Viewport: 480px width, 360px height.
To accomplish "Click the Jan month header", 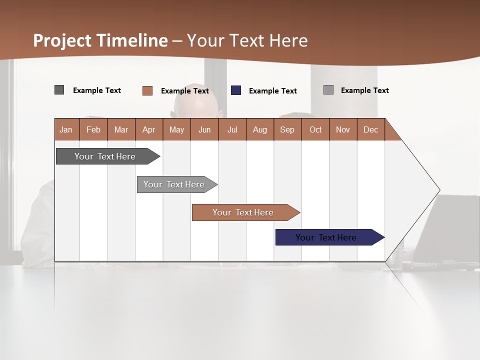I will click(66, 129).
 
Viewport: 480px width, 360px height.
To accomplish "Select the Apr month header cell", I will click(149, 129).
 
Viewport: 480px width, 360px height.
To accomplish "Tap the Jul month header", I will click(232, 129).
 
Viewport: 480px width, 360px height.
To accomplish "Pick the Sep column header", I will click(287, 129).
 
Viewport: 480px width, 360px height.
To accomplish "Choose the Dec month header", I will click(370, 129).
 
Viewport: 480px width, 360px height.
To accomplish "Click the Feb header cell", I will click(93, 129).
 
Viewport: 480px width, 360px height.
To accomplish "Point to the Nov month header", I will click(343, 129).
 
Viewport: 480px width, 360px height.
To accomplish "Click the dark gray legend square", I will click(59, 90).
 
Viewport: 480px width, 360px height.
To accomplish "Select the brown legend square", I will click(147, 90).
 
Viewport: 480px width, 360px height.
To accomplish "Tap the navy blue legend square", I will click(236, 90).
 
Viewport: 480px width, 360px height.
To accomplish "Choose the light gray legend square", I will click(328, 90).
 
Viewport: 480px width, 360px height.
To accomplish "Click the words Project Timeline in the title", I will click(100, 40).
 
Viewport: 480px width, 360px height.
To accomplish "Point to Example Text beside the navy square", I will click(272, 91).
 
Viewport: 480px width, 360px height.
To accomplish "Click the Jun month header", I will click(204, 129).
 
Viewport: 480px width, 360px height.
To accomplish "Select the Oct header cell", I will click(315, 129).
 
